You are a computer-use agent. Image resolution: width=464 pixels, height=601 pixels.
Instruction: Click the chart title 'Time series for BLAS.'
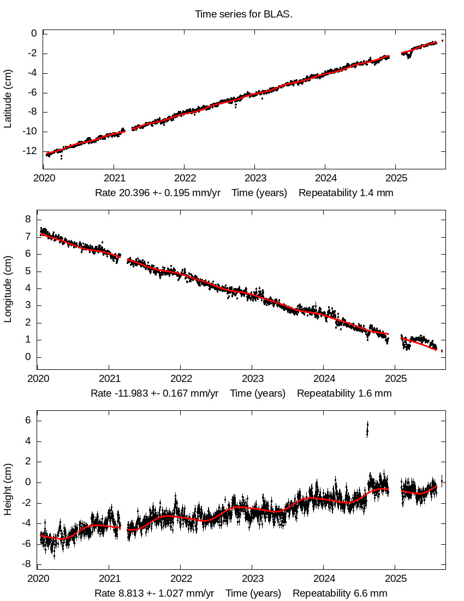pos(243,14)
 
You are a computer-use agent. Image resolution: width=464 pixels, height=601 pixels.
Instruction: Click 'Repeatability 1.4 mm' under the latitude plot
pos(346,193)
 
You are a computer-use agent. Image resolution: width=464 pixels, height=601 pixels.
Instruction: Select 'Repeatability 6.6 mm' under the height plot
pos(340,593)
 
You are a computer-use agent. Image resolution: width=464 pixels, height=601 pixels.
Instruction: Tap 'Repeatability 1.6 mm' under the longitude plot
pos(344,393)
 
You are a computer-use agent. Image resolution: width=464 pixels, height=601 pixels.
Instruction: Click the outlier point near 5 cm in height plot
pos(367,430)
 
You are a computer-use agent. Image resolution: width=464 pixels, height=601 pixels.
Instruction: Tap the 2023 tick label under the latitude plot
pos(255,178)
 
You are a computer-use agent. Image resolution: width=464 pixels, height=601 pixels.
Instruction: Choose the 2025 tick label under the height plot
pos(396,579)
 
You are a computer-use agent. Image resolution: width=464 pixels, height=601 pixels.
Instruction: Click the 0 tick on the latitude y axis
pos(34,34)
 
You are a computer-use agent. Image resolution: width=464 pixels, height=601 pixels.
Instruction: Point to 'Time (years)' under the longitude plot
pos(258,393)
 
